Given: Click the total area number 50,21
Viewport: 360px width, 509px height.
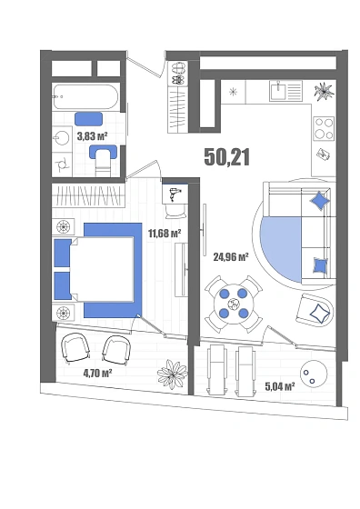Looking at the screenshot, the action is coord(227,157).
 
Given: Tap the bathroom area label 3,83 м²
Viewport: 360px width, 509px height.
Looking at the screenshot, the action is coord(92,135).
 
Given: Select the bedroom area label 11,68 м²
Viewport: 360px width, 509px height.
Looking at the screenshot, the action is coord(165,233).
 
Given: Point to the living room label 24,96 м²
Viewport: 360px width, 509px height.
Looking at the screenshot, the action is coord(231,257).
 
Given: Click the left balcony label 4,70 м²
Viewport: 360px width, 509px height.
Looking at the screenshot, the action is coord(97,374).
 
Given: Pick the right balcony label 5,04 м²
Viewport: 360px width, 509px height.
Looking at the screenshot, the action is coord(280,386).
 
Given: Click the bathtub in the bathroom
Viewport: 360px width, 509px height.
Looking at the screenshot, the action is coord(86,96).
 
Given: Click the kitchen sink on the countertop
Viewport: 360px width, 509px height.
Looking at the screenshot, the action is coord(278,91).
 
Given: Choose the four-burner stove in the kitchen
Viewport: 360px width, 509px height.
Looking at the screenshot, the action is coord(324,128).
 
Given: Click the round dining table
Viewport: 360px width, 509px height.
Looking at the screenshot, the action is coord(234,304).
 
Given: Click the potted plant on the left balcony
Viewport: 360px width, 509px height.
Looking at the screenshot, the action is coord(173,374).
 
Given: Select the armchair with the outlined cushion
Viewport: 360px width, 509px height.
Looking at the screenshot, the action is coord(315,310).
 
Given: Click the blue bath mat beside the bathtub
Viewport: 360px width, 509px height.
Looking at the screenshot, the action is coord(88,119).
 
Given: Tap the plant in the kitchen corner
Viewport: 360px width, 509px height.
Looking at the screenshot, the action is coord(324,91).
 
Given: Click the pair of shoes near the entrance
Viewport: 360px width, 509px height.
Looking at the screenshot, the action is coord(178,74).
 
